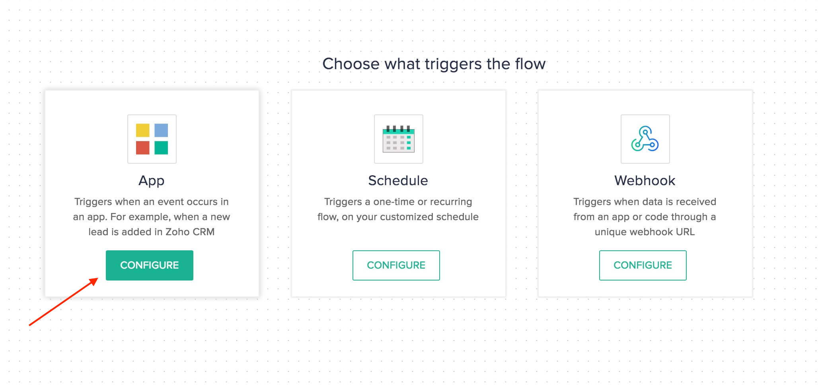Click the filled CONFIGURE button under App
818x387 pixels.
(149, 265)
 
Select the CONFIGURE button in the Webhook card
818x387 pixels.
(643, 265)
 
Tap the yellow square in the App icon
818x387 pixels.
(143, 130)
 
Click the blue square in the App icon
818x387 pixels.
(161, 130)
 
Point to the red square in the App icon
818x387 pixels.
(143, 148)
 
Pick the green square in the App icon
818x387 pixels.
(161, 148)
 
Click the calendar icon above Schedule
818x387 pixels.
(398, 139)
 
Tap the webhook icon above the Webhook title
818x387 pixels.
(645, 139)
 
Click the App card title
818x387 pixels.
(151, 181)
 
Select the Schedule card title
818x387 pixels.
(398, 180)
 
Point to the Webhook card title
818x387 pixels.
(645, 180)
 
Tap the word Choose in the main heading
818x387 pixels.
(351, 64)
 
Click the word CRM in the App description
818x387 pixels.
(203, 232)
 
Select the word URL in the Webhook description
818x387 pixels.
(684, 232)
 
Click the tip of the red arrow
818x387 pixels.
(98, 278)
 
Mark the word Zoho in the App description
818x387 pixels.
(177, 232)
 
